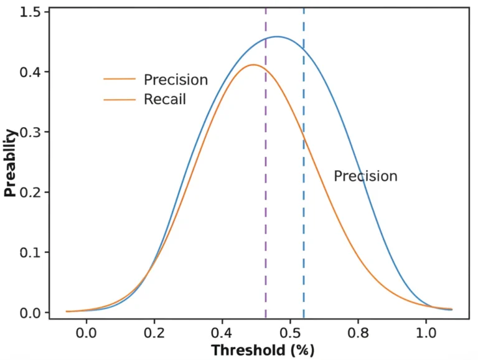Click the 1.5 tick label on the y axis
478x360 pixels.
tap(30, 12)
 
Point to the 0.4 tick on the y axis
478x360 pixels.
tap(30, 72)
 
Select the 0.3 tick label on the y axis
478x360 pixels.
tap(30, 132)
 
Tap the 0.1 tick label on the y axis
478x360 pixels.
tap(30, 252)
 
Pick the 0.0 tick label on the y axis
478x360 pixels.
tap(30, 312)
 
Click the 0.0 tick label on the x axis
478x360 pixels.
tap(86, 331)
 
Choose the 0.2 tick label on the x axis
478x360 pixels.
tap(154, 331)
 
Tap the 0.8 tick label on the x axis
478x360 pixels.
tap(358, 331)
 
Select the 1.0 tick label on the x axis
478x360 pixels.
tap(426, 331)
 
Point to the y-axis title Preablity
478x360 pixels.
tap(11, 163)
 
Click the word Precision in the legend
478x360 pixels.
tap(176, 80)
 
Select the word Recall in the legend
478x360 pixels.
tap(164, 99)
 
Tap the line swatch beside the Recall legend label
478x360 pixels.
tap(119, 99)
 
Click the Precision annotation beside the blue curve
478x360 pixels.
tap(365, 176)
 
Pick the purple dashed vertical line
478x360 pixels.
tap(266, 187)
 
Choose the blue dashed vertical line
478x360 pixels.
tap(304, 187)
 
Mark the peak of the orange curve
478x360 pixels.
tap(253, 65)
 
